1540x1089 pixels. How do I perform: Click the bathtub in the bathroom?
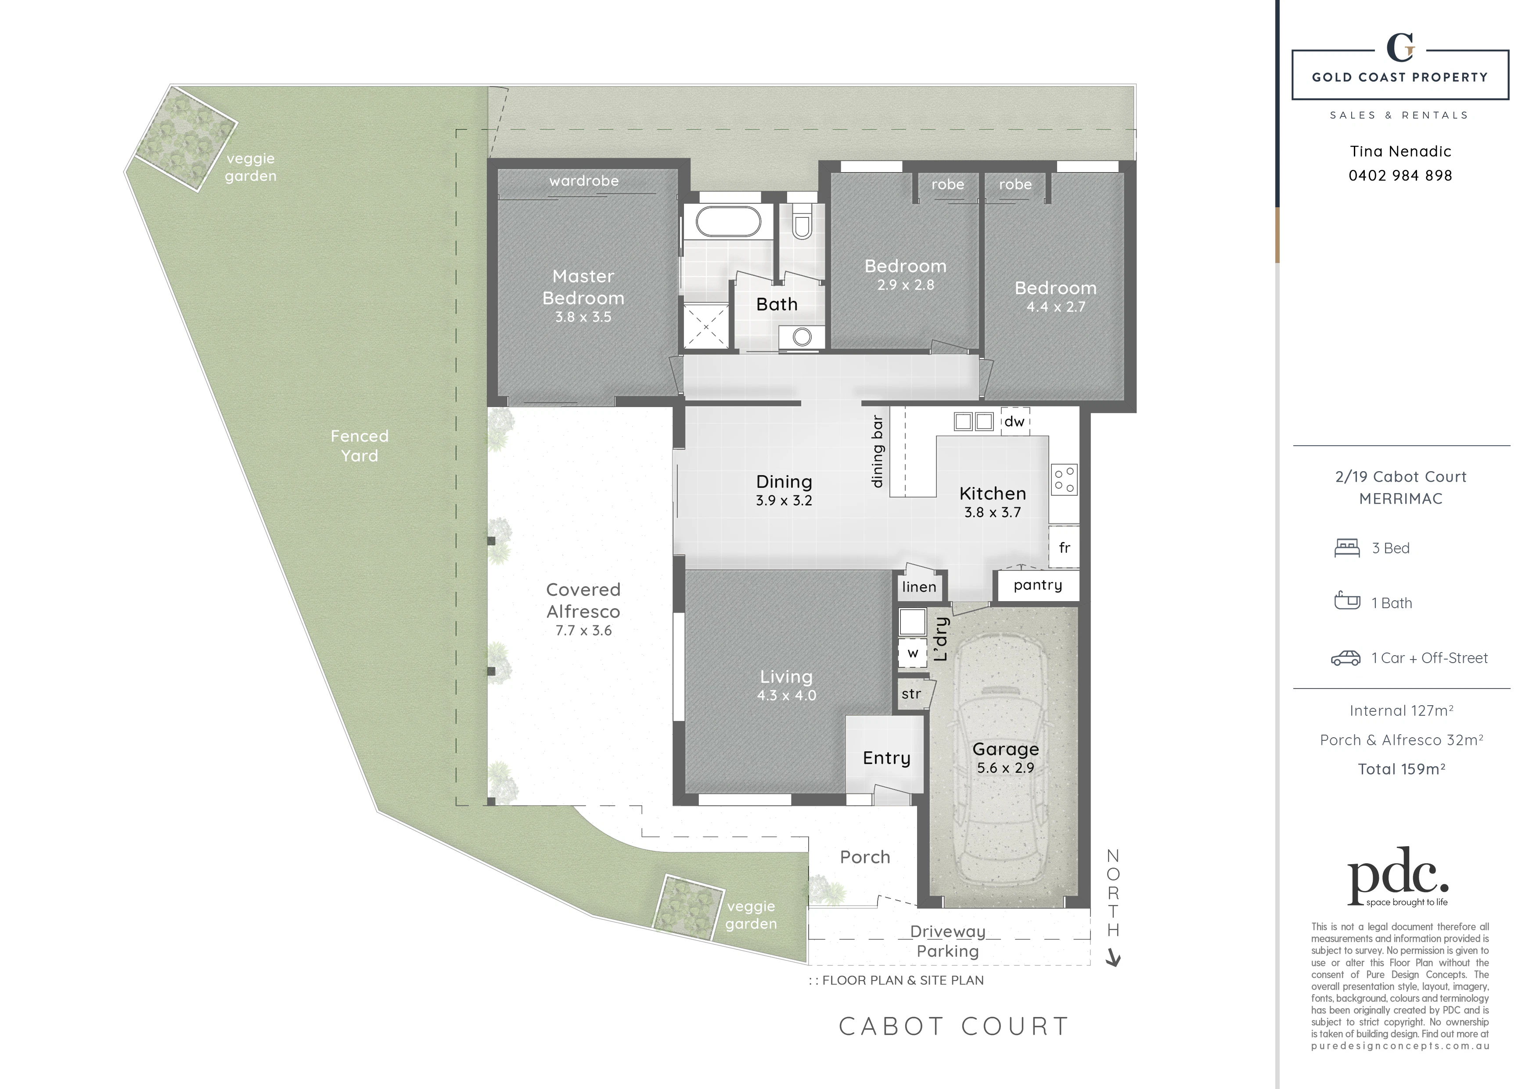728,221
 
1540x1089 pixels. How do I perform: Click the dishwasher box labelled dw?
1015,422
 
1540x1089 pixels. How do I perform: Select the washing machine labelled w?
912,653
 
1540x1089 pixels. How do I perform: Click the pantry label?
1038,584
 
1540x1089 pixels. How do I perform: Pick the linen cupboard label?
919,587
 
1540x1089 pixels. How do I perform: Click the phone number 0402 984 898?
1400,176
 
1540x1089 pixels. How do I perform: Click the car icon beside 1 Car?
1346,658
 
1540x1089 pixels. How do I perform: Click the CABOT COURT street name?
954,1026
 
